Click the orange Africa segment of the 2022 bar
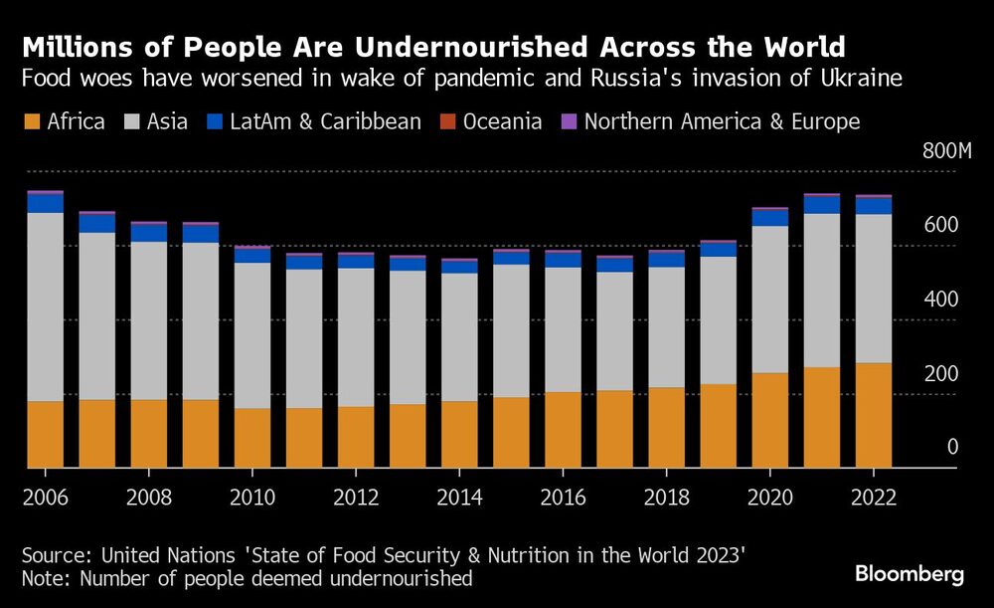(873, 415)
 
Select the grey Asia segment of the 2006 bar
(45, 306)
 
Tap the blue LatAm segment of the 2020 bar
(769, 217)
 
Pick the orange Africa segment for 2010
(251, 438)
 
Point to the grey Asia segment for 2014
(459, 337)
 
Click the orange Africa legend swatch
(32, 122)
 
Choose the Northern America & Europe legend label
(721, 122)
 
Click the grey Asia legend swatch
(131, 122)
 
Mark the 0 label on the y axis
(952, 448)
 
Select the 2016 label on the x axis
(563, 497)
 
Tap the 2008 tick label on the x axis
(148, 497)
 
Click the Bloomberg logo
(910, 574)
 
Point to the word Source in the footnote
(53, 552)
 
